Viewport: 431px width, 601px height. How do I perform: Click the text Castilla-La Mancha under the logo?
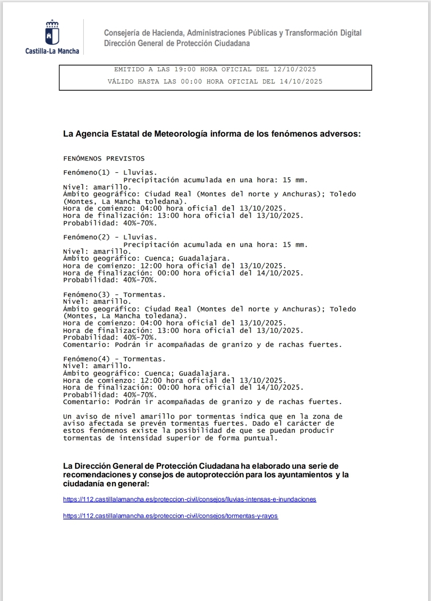click(52, 51)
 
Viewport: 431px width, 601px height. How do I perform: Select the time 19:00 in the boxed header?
click(185, 69)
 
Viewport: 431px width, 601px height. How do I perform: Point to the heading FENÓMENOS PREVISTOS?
click(104, 159)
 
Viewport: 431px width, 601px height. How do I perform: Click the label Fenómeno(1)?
click(86, 173)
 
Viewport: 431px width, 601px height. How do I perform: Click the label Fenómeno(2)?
click(86, 237)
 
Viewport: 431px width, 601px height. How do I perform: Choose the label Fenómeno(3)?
click(86, 295)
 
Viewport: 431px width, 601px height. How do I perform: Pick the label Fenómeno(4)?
click(86, 359)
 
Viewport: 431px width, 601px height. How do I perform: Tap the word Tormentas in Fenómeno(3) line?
click(144, 295)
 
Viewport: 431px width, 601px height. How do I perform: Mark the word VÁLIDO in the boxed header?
click(121, 81)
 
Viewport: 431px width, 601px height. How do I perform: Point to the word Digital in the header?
click(351, 33)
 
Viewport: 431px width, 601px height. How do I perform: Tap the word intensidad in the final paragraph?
click(141, 438)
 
